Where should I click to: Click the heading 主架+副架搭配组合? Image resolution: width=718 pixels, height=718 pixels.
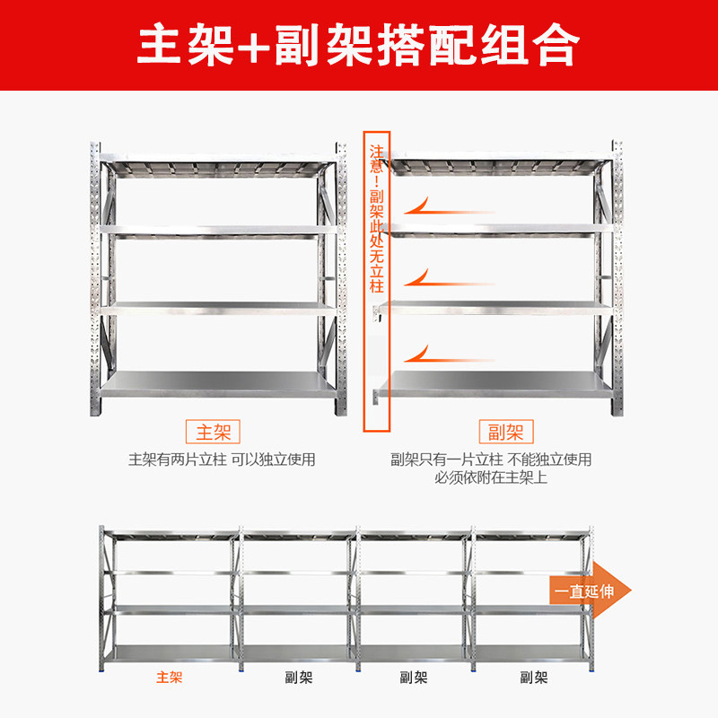point(358,44)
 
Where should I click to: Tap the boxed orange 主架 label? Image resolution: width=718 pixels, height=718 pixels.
point(213,432)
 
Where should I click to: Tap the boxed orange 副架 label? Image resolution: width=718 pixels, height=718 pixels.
point(504,432)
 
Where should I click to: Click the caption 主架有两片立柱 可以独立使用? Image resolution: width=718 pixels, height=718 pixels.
point(221,460)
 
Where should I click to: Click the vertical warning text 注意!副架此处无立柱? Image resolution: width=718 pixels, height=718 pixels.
point(377,220)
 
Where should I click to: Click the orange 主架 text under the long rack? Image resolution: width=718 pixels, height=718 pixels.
point(169,678)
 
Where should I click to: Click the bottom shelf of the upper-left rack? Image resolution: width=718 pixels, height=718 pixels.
point(220,386)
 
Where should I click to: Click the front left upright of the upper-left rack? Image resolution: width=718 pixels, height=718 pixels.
point(94,278)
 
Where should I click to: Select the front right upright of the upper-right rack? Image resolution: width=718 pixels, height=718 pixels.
point(617,278)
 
